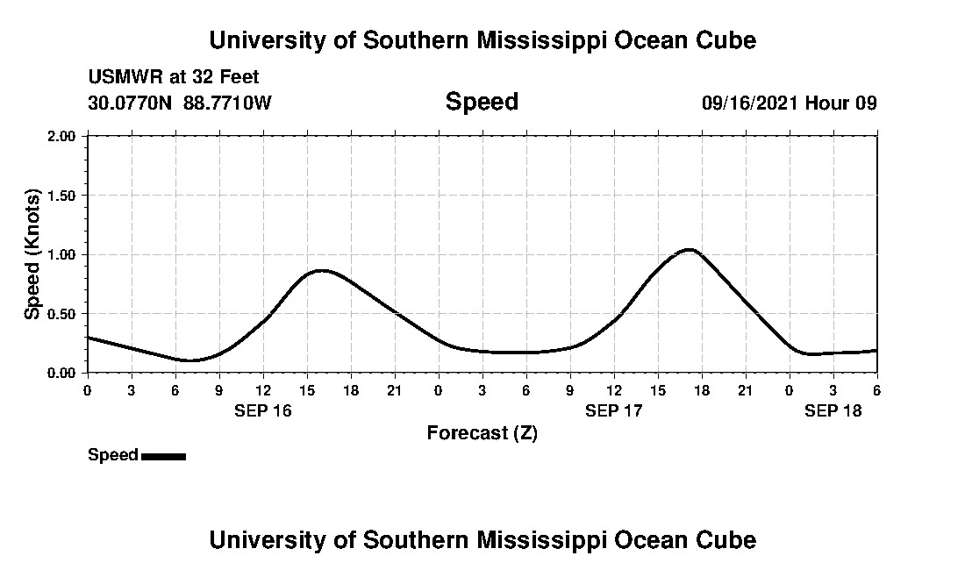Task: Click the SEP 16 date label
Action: [x=263, y=410]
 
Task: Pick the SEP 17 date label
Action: [x=614, y=410]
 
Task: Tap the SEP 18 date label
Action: [x=833, y=410]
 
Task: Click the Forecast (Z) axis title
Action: [x=482, y=433]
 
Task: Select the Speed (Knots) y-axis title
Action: [x=32, y=254]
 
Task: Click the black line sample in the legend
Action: [x=163, y=456]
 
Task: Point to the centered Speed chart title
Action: [x=482, y=102]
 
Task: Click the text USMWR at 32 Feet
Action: [x=174, y=77]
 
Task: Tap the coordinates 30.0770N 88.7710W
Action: [x=180, y=103]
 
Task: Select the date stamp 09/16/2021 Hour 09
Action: [x=789, y=103]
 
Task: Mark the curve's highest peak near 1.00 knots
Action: [x=690, y=250]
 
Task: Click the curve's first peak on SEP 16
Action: [x=322, y=270]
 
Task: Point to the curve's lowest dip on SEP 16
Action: [x=190, y=360]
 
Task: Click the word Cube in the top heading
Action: [x=726, y=40]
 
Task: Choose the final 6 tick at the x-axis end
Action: [x=877, y=390]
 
